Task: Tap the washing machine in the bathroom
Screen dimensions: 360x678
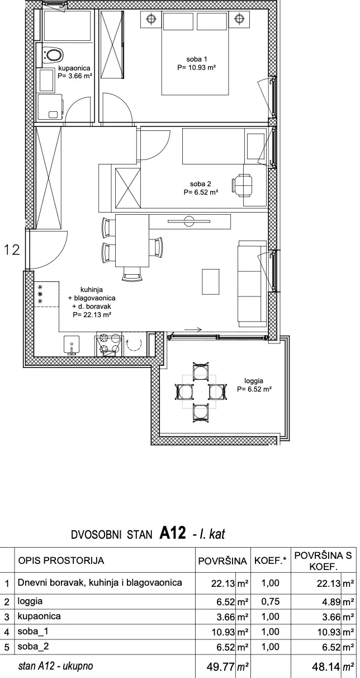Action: click(50, 106)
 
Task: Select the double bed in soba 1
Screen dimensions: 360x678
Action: click(195, 53)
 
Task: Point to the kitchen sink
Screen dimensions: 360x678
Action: click(72, 345)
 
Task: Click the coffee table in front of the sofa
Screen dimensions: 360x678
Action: click(211, 281)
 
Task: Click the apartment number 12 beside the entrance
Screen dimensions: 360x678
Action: click(12, 249)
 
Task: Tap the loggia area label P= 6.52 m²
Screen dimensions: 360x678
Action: click(254, 389)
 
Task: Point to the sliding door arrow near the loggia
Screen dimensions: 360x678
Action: click(193, 329)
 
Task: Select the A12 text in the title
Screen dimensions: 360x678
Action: click(172, 533)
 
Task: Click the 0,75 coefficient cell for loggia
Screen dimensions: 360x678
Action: click(271, 601)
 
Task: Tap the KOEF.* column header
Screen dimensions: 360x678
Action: click(271, 561)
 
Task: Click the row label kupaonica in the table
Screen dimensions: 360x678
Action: click(39, 616)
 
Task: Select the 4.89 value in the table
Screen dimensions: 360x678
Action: click(332, 601)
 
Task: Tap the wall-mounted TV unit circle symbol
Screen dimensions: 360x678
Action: click(189, 220)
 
